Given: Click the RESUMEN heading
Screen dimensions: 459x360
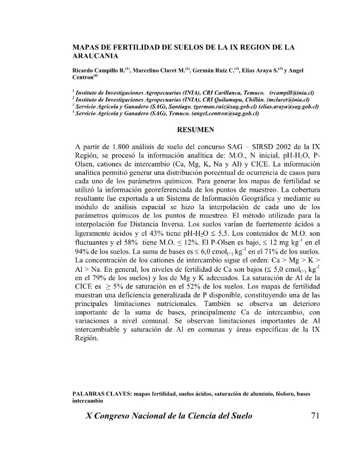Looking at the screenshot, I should pyautogui.click(x=194, y=129).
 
